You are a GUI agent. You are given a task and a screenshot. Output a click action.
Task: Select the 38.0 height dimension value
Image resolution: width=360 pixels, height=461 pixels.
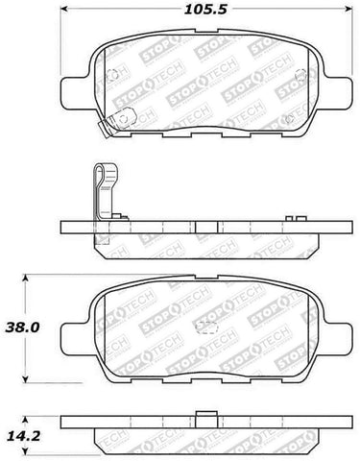click(x=26, y=327)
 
